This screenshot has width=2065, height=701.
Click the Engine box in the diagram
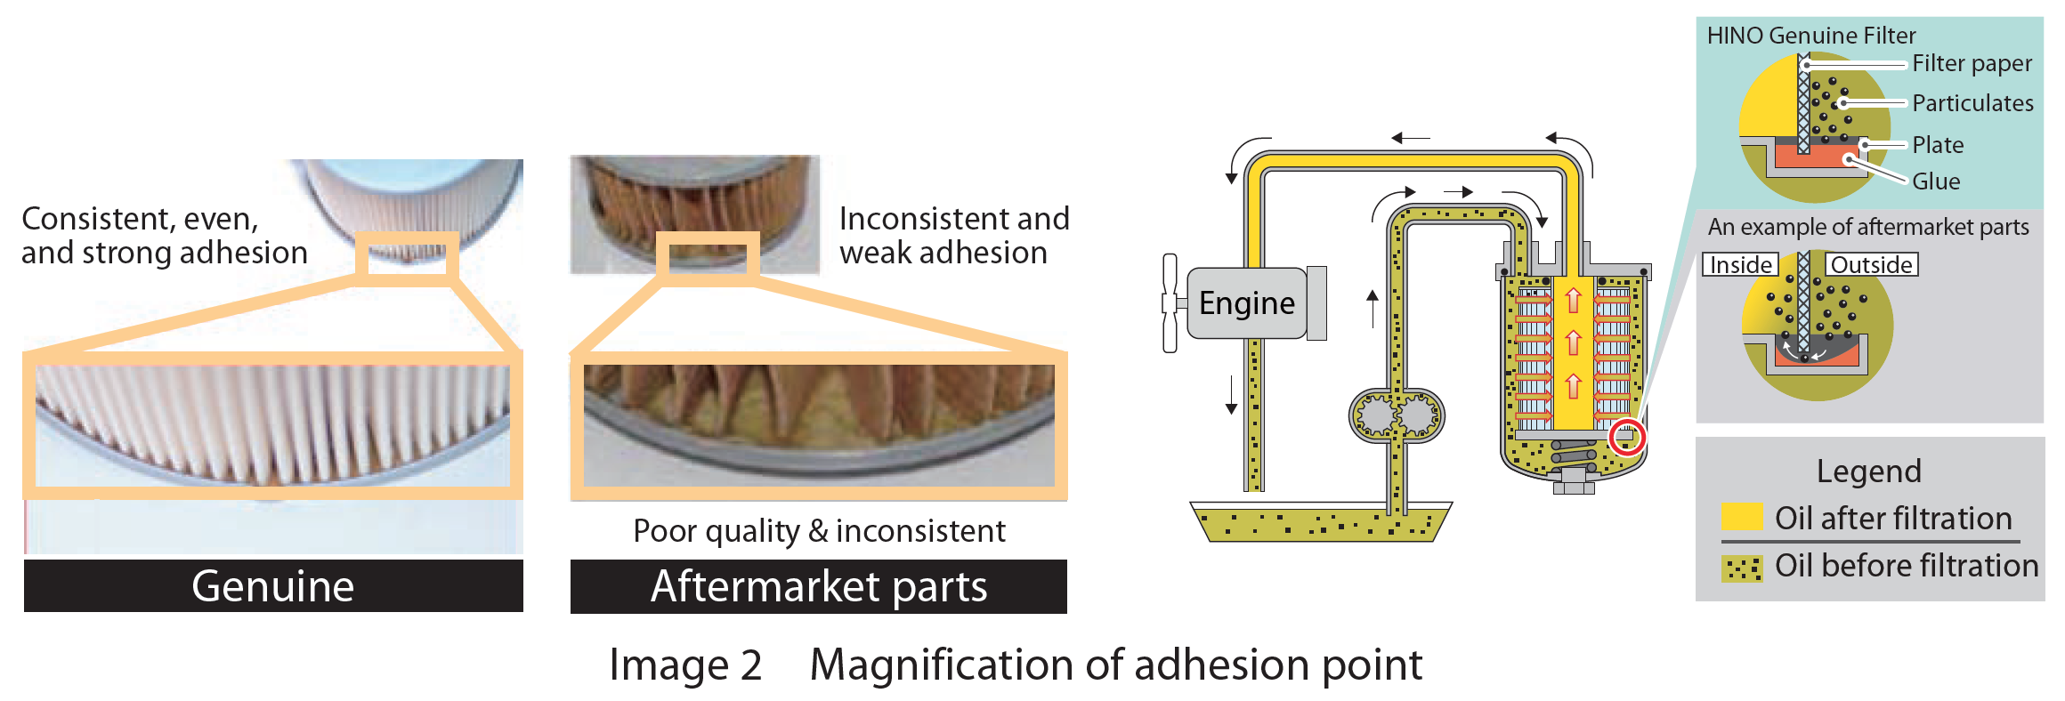tap(1246, 303)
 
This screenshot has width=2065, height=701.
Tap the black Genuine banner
tap(273, 585)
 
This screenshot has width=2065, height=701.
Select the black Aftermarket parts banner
tap(819, 586)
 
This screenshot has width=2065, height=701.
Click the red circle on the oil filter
tap(1627, 436)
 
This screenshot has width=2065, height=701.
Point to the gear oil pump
tap(1397, 415)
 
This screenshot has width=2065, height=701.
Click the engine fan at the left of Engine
tap(1170, 302)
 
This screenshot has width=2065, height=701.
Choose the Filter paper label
tap(1972, 64)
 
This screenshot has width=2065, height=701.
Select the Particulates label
tap(1972, 103)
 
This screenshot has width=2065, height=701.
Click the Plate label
tap(1938, 145)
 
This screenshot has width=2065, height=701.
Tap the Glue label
tap(1936, 181)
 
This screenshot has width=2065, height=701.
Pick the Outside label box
tap(1872, 265)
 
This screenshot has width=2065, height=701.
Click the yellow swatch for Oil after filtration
tap(1742, 517)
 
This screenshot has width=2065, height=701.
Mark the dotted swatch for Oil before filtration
tap(1742, 568)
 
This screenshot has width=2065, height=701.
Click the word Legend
tap(1868, 471)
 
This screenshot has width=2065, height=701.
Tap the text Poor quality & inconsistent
tap(819, 531)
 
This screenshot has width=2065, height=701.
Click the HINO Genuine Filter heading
tap(1810, 36)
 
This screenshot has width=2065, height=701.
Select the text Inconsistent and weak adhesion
tap(953, 236)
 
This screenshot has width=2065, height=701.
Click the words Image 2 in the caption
tap(685, 665)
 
